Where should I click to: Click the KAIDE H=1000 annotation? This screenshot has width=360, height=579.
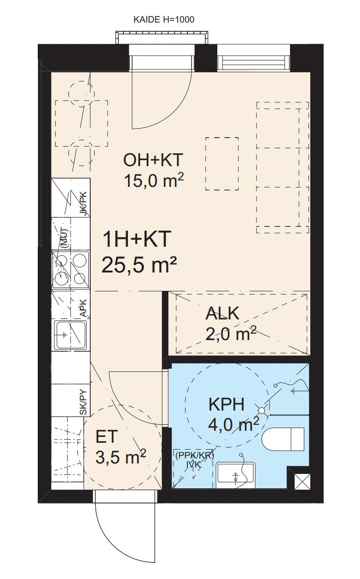pos(164,20)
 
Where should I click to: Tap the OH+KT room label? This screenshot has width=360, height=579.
pos(153,160)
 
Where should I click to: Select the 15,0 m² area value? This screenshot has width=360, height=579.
pos(154,180)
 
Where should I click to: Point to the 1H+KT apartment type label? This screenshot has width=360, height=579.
pos(137,239)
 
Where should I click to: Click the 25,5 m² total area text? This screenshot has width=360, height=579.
pos(139,265)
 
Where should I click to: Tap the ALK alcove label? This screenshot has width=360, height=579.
pos(222,313)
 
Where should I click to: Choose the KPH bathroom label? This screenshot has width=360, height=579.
pos(226,405)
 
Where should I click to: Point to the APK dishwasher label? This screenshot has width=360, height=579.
pos(83,307)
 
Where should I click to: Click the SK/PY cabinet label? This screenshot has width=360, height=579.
pos(83,402)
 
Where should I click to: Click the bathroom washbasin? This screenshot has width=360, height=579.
pos(236,475)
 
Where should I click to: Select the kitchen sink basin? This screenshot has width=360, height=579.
pos(70,335)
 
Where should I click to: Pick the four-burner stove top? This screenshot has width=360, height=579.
pos(70,269)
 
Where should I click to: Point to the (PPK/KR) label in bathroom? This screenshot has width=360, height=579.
pos(195,456)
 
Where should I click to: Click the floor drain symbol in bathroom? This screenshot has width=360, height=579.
pos(262,410)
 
